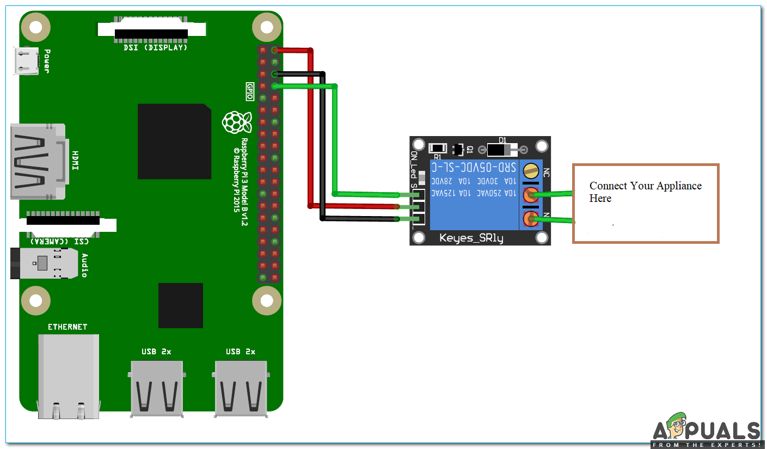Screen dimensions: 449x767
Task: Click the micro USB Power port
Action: tap(26, 60)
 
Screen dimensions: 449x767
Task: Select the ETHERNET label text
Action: tap(68, 327)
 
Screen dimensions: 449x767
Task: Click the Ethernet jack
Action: tap(69, 376)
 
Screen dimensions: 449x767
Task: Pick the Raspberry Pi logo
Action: tap(236, 122)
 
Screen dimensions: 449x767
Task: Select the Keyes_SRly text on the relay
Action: tap(471, 238)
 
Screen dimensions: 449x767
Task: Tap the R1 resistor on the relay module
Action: tap(438, 148)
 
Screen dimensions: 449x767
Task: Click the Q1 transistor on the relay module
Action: tap(458, 149)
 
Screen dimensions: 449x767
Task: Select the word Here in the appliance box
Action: tap(600, 199)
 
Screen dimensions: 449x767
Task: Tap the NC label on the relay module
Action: tap(546, 172)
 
